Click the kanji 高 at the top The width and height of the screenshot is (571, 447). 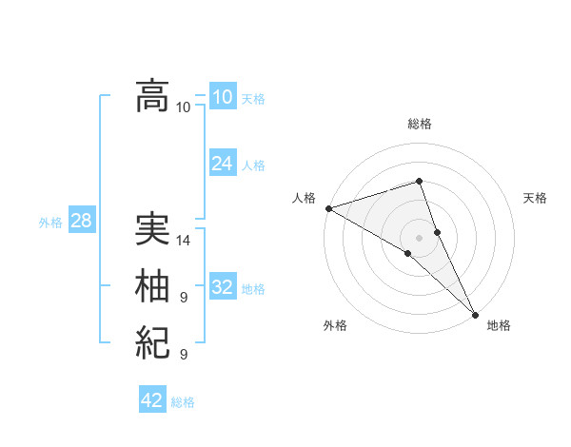[x=153, y=96]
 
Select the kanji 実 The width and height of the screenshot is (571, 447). [x=153, y=230]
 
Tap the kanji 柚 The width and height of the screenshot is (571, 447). [x=153, y=286]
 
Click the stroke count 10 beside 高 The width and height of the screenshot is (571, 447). [x=184, y=107]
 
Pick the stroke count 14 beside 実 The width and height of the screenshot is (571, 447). [x=184, y=241]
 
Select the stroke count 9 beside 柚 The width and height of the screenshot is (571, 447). [x=184, y=298]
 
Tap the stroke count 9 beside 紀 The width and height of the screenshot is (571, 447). [x=184, y=355]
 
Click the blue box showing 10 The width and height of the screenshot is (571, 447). [x=223, y=97]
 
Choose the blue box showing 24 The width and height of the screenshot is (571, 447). [x=223, y=164]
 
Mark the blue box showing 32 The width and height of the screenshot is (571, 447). [x=223, y=287]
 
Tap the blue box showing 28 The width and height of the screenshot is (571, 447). [x=81, y=221]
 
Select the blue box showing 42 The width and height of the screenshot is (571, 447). [x=152, y=400]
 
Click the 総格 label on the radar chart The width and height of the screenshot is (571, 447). [x=419, y=124]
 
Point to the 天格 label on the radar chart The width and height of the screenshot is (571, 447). [x=536, y=198]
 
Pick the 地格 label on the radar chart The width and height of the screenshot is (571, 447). [x=499, y=325]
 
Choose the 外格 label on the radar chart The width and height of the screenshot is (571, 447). [x=335, y=325]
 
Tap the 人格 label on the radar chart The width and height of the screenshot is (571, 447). [x=304, y=198]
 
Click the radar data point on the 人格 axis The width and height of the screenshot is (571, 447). [x=328, y=208]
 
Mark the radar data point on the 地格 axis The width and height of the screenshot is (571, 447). [x=475, y=314]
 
